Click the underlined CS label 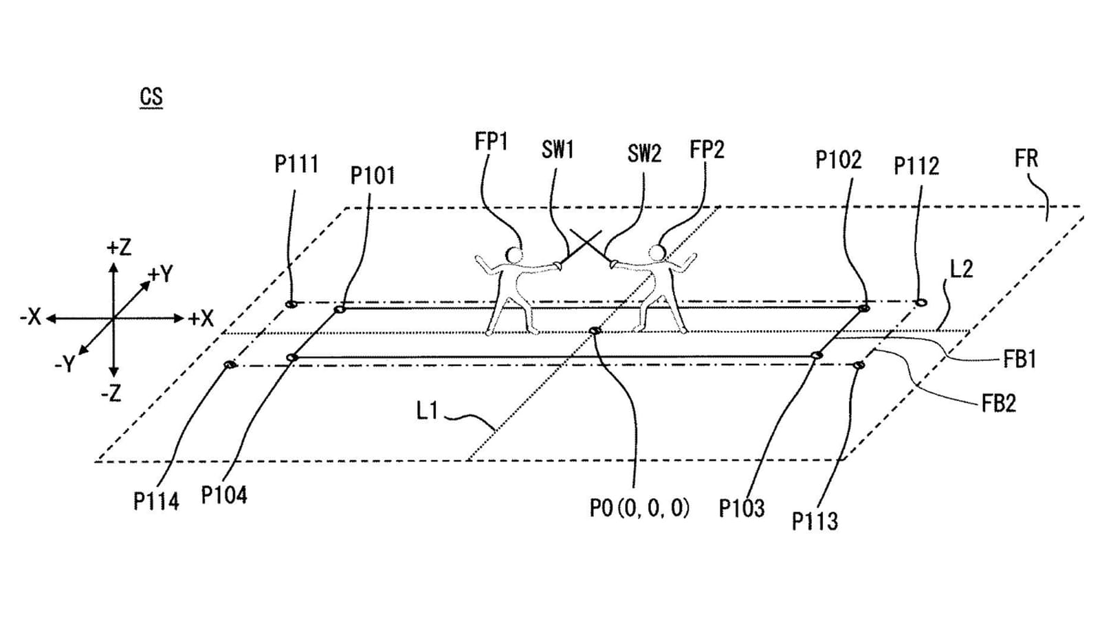151,97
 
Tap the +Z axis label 119,248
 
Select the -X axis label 30,317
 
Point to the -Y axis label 65,365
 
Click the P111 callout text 296,164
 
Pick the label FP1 491,142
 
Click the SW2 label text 644,154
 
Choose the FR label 1026,159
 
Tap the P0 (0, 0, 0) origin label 639,508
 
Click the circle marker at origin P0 595,331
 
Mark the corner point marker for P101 340,309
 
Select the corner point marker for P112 921,302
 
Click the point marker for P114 230,365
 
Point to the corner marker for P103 816,355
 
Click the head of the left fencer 514,255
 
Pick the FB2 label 998,403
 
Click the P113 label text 815,521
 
